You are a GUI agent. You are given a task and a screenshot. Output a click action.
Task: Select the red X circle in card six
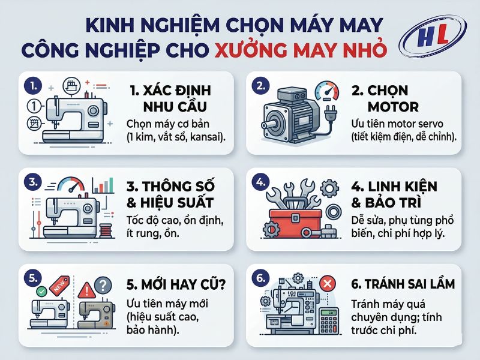coord(328,283)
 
